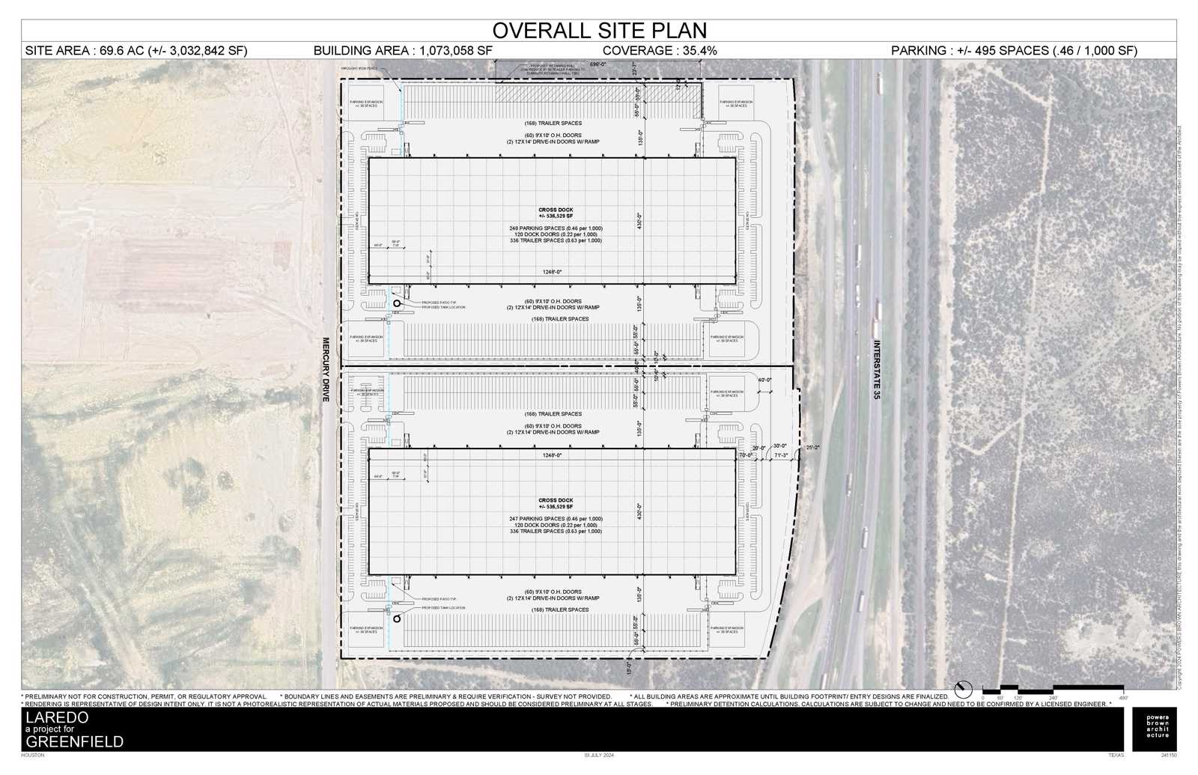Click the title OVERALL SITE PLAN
[x=599, y=30]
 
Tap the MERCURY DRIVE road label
[x=326, y=370]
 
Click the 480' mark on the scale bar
[x=1122, y=697]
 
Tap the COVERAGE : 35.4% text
[x=660, y=50]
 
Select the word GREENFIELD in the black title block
[x=75, y=742]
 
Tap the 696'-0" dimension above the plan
[x=597, y=65]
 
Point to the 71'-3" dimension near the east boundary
[x=780, y=455]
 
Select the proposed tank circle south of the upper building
[x=397, y=304]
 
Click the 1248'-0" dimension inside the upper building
[x=552, y=272]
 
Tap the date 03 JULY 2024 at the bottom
[x=598, y=755]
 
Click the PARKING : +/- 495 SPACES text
[x=1014, y=50]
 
